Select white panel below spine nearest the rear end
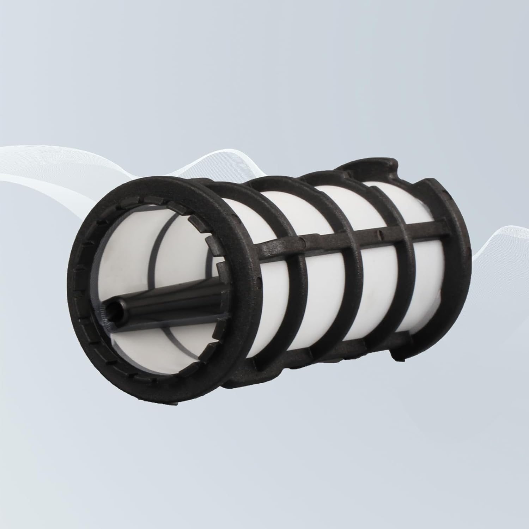[420, 282]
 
